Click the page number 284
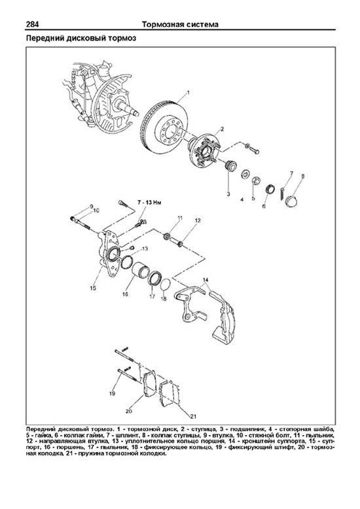pyautogui.click(x=33, y=24)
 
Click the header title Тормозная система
pyautogui.click(x=180, y=24)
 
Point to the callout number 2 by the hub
pyautogui.click(x=223, y=129)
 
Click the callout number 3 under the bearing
pyautogui.click(x=228, y=194)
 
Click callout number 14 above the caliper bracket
pyautogui.click(x=206, y=280)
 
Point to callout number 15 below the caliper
pyautogui.click(x=93, y=288)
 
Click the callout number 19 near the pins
pyautogui.click(x=112, y=393)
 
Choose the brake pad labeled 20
pyautogui.click(x=149, y=385)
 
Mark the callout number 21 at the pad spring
pyautogui.click(x=194, y=416)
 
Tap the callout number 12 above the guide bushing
pyautogui.click(x=198, y=220)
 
